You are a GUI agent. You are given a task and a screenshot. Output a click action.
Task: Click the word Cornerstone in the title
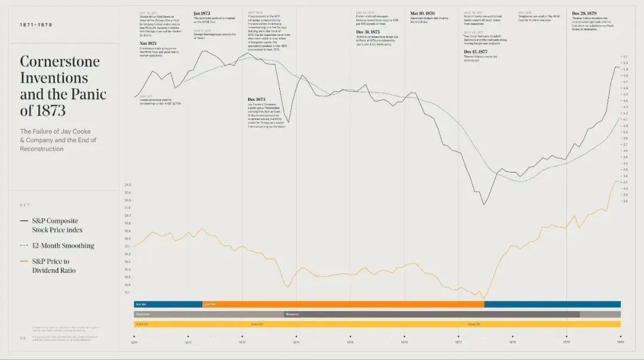[60, 62]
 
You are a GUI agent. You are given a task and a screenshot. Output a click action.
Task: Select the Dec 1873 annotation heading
[257, 99]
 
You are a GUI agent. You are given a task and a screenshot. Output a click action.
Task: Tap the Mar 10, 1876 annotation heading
[423, 13]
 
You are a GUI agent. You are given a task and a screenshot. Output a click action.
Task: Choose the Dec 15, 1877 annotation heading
[476, 52]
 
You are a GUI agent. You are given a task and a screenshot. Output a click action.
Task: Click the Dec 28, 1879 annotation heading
[584, 13]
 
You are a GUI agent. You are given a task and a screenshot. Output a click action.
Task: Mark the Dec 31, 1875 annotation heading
[368, 32]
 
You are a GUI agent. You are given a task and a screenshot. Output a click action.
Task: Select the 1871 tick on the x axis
[134, 337]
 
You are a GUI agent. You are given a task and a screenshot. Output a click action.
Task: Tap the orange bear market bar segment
[343, 304]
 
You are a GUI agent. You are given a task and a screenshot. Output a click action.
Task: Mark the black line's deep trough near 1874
[288, 122]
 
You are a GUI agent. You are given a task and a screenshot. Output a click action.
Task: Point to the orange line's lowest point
[483, 297]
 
